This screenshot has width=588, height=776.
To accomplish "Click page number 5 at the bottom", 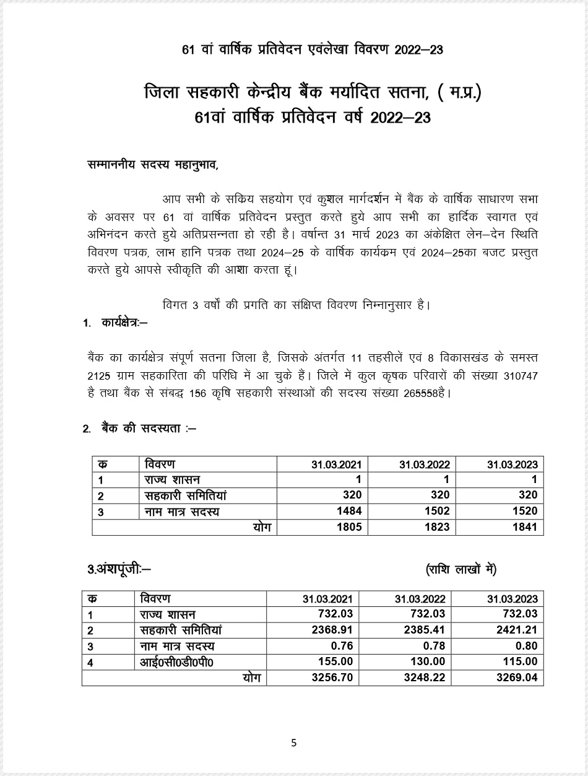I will (294, 743).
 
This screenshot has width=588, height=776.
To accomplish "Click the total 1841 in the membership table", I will (525, 528).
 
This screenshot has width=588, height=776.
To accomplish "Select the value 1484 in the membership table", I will (349, 512).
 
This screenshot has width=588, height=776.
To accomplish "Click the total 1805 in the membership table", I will (349, 528).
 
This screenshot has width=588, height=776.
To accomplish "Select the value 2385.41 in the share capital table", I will (425, 630).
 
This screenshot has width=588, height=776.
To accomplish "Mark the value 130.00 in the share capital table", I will (428, 662).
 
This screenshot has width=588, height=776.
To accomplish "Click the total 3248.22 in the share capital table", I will (425, 678).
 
